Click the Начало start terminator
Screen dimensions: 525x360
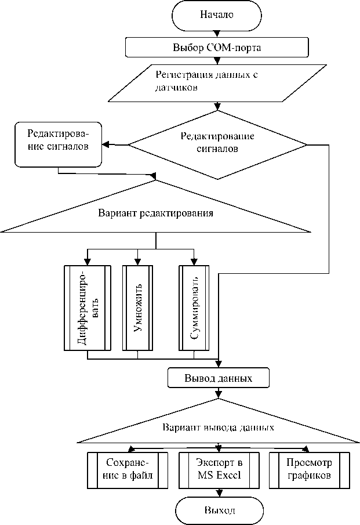click(x=217, y=15)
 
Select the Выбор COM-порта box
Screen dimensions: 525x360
click(x=217, y=47)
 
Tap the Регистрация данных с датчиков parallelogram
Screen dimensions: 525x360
click(x=217, y=82)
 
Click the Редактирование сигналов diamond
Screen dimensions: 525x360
click(x=217, y=143)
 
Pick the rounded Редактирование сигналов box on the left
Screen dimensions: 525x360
click(x=59, y=144)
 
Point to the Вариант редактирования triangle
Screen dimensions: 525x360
click(x=155, y=213)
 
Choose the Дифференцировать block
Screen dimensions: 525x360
click(x=87, y=308)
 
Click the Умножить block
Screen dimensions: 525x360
click(x=137, y=308)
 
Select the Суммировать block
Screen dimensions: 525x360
click(x=194, y=308)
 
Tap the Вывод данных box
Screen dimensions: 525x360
click(x=217, y=378)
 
